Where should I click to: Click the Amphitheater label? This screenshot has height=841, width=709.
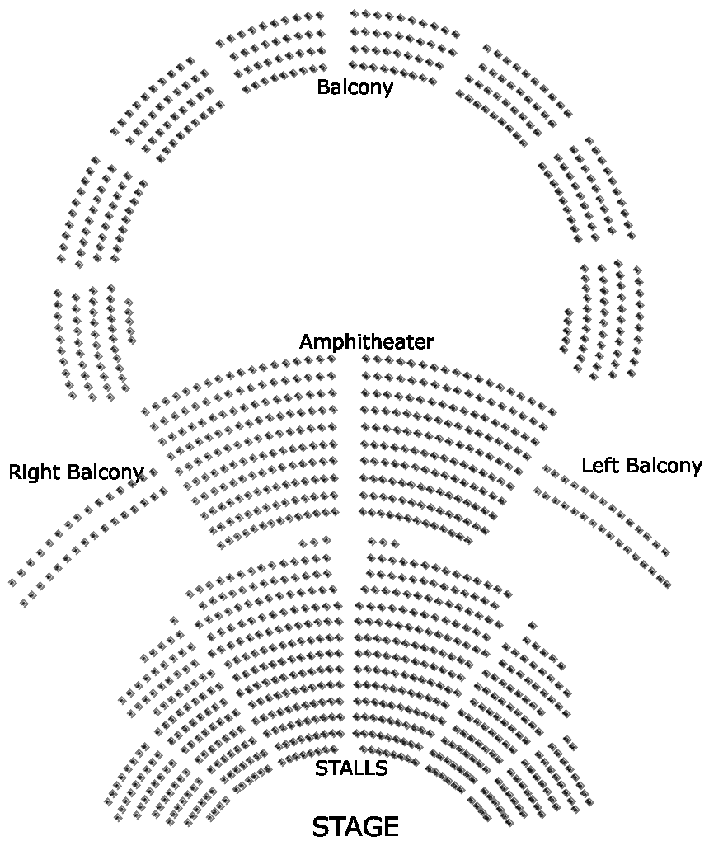(x=366, y=342)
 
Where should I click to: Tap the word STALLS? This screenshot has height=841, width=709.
(x=351, y=768)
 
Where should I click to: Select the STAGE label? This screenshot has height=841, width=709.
(x=355, y=826)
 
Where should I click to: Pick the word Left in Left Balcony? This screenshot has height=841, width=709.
(x=599, y=465)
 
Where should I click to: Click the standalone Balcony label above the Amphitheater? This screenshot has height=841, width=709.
(x=354, y=87)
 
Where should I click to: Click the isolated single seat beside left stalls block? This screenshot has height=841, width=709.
(x=174, y=620)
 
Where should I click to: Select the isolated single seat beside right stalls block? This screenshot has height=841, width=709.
(x=532, y=625)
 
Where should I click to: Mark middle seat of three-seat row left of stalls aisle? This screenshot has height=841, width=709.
(x=315, y=542)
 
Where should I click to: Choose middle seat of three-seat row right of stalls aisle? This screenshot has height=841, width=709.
(x=383, y=542)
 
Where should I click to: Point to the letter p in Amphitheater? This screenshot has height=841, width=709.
(x=336, y=344)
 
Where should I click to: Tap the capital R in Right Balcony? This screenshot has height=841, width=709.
(x=15, y=472)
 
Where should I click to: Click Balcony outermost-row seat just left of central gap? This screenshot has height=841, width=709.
(x=320, y=15)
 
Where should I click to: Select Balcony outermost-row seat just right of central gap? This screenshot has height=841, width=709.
(x=354, y=14)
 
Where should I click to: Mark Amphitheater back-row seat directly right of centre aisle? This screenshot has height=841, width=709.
(x=366, y=359)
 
